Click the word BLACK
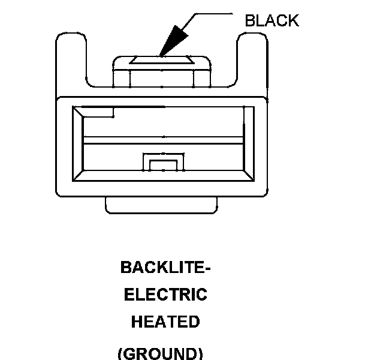(272, 20)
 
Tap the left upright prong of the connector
(71, 60)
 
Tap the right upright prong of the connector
(252, 60)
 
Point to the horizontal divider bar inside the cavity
(163, 140)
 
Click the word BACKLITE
(162, 267)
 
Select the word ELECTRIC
(165, 295)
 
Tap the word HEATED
(165, 322)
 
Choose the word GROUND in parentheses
(160, 353)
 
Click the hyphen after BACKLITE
(207, 268)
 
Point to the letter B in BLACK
(250, 20)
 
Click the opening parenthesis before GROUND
(120, 353)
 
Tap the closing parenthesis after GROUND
(200, 353)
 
